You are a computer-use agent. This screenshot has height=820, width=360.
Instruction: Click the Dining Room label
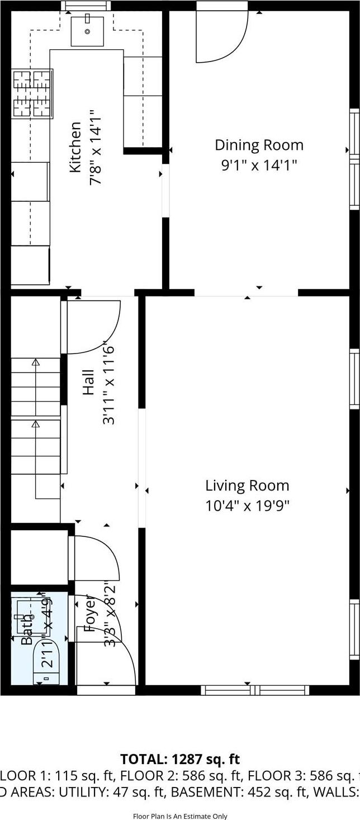click(259, 145)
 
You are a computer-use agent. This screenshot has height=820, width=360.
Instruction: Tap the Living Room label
click(247, 486)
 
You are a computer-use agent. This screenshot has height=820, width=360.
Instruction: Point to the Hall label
click(89, 382)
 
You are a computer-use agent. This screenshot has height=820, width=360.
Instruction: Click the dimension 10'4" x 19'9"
click(247, 506)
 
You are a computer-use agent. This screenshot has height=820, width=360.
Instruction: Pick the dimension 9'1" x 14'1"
click(259, 166)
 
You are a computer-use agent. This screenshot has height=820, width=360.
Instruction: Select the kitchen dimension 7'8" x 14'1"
click(96, 148)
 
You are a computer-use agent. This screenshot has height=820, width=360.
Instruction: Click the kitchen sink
click(87, 31)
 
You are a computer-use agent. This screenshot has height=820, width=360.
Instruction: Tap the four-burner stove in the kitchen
click(32, 93)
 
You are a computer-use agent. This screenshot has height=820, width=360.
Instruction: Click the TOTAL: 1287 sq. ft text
click(180, 759)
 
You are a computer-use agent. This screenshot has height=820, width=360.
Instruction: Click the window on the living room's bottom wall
click(255, 690)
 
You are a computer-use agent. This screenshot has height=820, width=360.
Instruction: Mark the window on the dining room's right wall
click(354, 159)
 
